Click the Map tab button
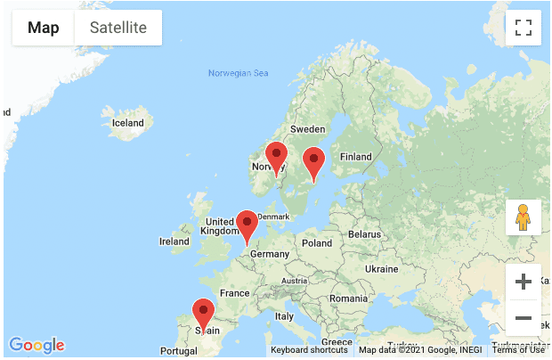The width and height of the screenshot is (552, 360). (x=44, y=28)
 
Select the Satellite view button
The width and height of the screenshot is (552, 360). (x=118, y=28)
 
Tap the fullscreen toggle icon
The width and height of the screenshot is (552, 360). (x=524, y=28)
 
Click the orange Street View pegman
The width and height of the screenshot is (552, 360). (x=524, y=217)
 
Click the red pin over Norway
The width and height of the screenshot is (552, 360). (x=277, y=157)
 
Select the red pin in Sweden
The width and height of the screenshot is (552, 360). (x=313, y=162)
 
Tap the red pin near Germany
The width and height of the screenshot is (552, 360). (x=247, y=225)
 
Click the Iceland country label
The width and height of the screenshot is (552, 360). (x=127, y=123)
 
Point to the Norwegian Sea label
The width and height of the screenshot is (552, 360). (x=237, y=73)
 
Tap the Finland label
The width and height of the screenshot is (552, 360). (x=355, y=157)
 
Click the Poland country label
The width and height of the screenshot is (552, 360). (x=316, y=242)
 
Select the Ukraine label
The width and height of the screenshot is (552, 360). (x=381, y=268)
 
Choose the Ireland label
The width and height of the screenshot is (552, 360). (x=174, y=241)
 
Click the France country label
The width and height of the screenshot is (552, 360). (x=235, y=293)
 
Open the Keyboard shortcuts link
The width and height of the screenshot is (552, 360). (x=309, y=350)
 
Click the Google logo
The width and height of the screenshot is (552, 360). (x=37, y=345)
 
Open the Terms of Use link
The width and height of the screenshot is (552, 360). (x=518, y=350)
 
